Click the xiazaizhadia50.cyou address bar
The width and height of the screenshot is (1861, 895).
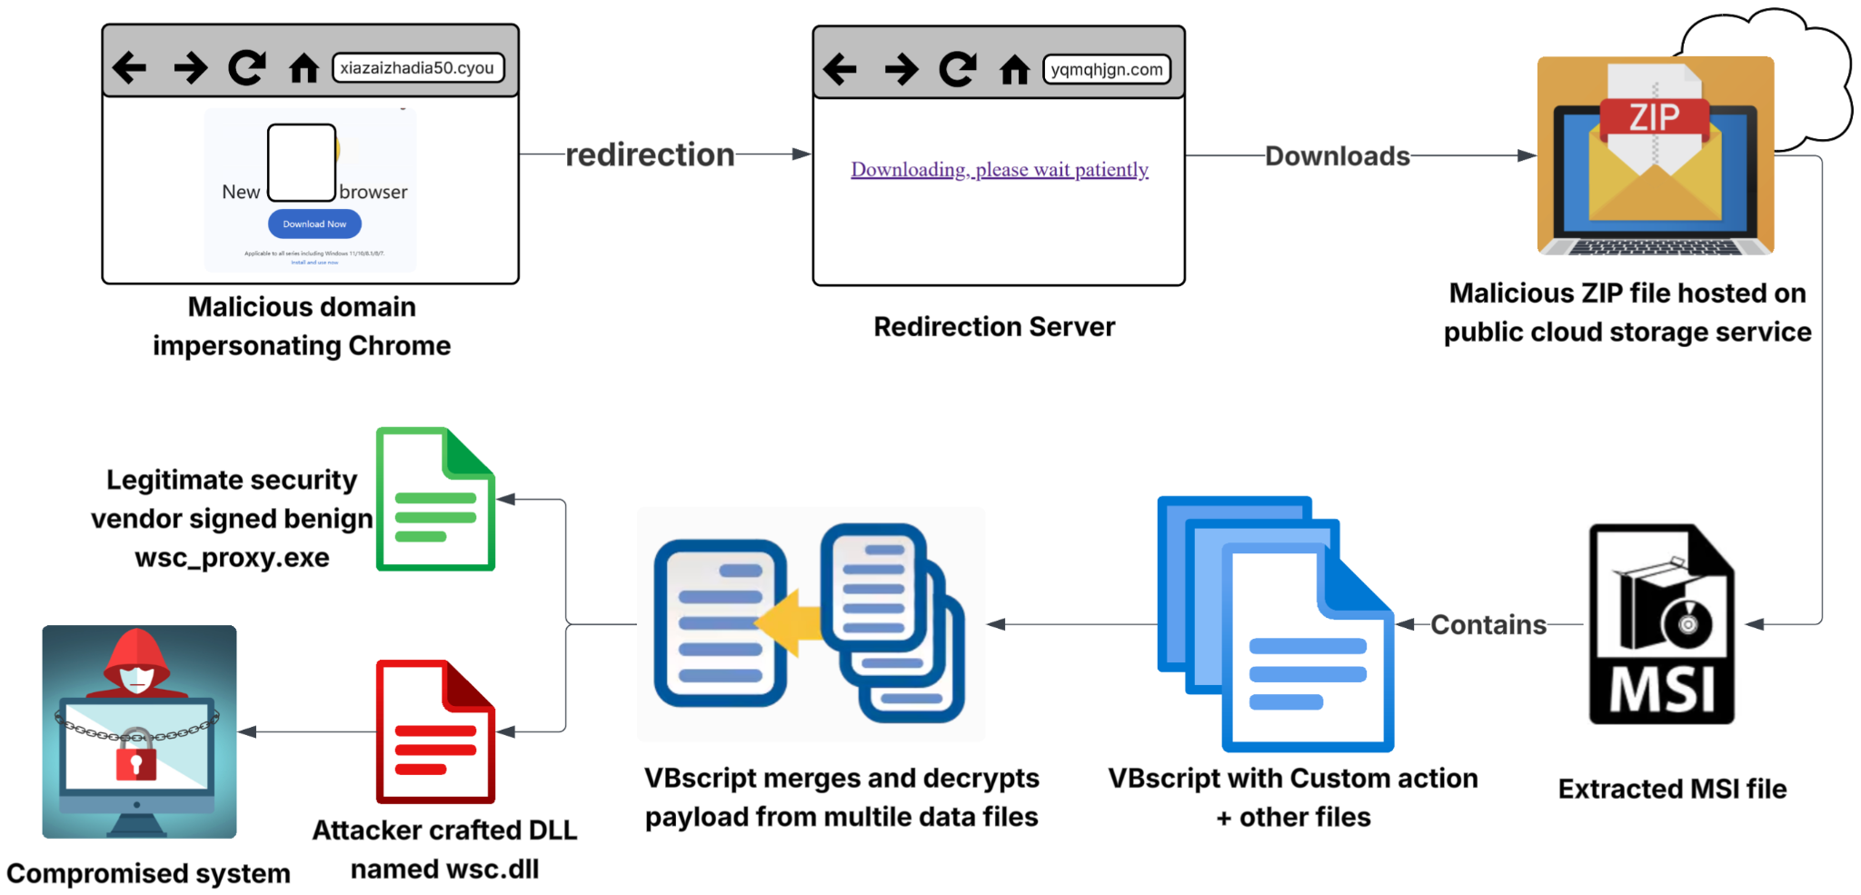pos(418,68)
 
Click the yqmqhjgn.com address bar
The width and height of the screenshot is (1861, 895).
pos(1106,70)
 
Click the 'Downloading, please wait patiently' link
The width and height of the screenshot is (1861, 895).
pos(999,170)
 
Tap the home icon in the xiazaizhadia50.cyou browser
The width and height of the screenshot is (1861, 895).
pos(304,68)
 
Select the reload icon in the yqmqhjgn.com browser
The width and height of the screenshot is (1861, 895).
pos(958,69)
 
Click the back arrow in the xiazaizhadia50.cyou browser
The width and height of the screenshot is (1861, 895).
pos(130,67)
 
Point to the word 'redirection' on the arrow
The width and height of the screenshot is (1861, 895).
pos(650,154)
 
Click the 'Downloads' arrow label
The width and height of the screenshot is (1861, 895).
pos(1337,156)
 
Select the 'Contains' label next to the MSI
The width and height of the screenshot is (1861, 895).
pos(1488,625)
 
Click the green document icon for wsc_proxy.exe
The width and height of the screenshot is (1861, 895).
pos(435,500)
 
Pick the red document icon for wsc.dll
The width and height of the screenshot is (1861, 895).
pos(435,732)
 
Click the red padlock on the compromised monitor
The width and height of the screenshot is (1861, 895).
pos(136,755)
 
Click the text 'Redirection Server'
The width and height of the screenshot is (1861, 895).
pos(994,327)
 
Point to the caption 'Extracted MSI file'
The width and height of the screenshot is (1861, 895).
pos(1671,789)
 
